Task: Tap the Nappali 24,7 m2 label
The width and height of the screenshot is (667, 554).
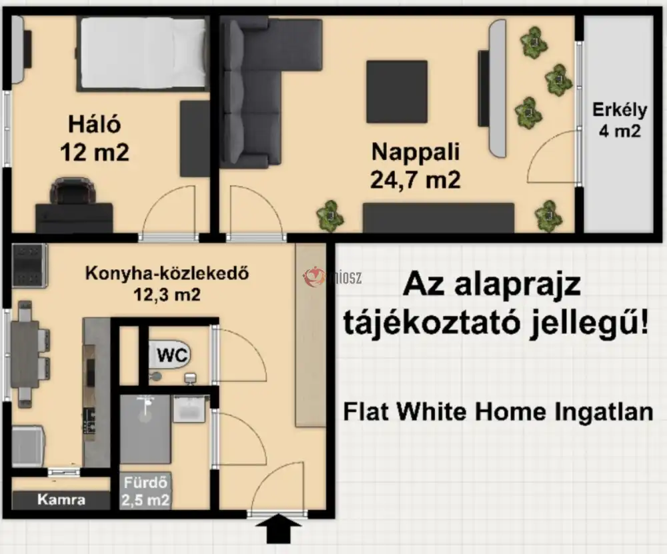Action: coord(416,152)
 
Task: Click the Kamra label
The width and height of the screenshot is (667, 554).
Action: coord(61,499)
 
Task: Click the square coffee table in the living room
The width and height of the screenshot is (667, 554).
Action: coord(398,91)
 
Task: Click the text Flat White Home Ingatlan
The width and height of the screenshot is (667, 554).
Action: coord(498,411)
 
